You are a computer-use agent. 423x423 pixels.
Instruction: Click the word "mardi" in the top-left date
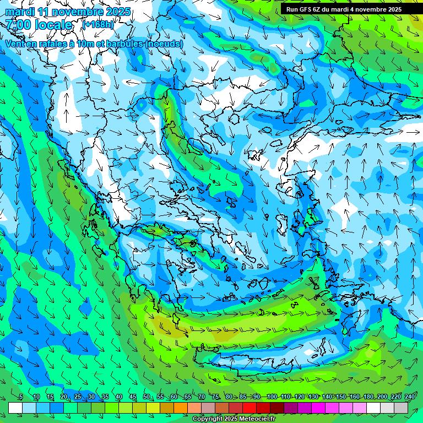tap(18, 12)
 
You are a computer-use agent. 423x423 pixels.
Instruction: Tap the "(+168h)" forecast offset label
tap(98, 24)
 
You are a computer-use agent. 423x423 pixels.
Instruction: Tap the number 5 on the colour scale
tap(21, 397)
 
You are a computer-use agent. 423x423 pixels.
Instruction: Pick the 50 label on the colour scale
tap(147, 397)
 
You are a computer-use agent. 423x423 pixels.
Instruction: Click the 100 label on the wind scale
tap(272, 397)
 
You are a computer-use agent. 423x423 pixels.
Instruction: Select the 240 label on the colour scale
tap(410, 397)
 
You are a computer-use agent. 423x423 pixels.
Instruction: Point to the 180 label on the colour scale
tap(368, 397)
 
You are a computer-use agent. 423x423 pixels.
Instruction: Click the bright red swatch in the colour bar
tap(250, 408)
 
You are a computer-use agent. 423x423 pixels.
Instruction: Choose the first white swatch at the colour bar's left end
tap(15, 408)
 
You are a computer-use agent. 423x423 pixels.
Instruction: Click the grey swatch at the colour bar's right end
tap(401, 408)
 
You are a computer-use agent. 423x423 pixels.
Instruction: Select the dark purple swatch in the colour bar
tap(291, 408)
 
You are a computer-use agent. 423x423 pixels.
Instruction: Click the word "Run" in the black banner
tap(292, 9)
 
